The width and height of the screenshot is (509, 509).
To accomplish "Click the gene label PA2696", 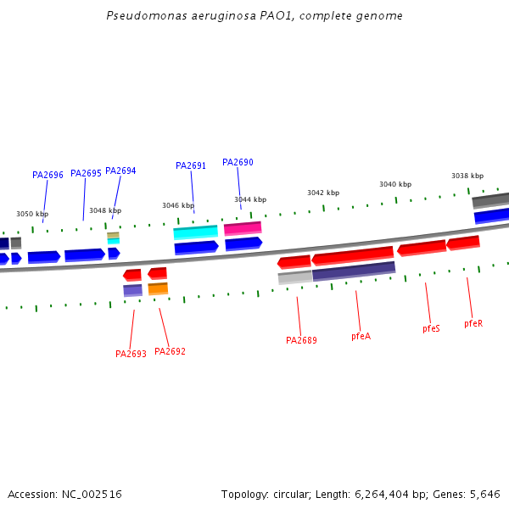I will tap(48, 176).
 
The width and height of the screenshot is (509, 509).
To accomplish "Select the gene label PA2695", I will tap(86, 174).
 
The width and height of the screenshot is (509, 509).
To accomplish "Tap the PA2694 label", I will tap(120, 171).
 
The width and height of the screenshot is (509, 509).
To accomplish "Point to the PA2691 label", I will tap(191, 166).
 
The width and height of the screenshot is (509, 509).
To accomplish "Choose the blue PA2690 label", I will tap(238, 163).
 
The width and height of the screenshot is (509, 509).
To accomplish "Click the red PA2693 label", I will tap(131, 354).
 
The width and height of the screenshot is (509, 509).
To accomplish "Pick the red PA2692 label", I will tap(170, 351).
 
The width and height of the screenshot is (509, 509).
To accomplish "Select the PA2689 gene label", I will tap(301, 341).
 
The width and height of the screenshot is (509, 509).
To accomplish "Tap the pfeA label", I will tap(361, 337).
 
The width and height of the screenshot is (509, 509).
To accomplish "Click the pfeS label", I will tap(431, 328).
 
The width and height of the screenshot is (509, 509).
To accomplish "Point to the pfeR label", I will tap(473, 324).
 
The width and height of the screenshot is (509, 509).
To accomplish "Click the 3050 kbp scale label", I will tap(32, 215).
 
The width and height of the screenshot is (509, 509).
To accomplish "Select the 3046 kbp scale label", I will tap(178, 205).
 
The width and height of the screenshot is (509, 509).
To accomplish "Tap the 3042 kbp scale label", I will tap(323, 193).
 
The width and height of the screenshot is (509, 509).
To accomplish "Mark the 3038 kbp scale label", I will tap(467, 176).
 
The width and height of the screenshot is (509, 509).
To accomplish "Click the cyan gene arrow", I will tap(195, 232).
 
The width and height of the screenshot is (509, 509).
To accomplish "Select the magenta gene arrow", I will tap(243, 228).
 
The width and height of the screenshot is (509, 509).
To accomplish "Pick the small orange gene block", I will tap(158, 289).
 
